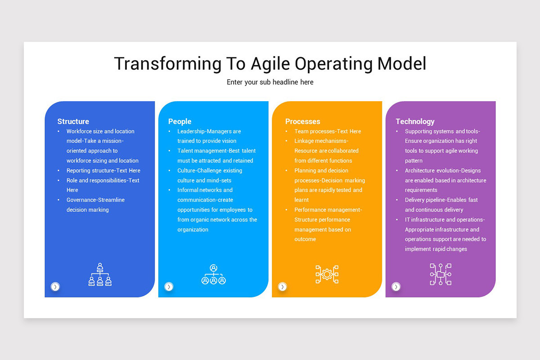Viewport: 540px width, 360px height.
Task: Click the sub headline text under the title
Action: pos(270,82)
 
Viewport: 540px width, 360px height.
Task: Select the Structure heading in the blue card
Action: pos(73,121)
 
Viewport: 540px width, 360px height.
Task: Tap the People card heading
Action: pos(180,121)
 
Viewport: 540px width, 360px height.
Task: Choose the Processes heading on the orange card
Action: pos(302,121)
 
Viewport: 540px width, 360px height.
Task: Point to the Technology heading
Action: pos(415,121)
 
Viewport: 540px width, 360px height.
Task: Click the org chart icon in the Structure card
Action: pos(100,274)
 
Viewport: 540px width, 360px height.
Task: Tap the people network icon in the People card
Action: pos(213,274)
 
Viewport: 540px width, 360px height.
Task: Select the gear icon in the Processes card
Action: pos(327,274)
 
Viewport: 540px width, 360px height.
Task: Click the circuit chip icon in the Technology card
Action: pos(441,274)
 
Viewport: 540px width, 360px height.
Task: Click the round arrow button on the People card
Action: pos(169,287)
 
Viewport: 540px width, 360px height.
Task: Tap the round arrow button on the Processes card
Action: pos(282,287)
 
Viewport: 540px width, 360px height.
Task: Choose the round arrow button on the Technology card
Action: pos(396,287)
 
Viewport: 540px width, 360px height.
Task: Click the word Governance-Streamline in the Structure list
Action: pos(95,200)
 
